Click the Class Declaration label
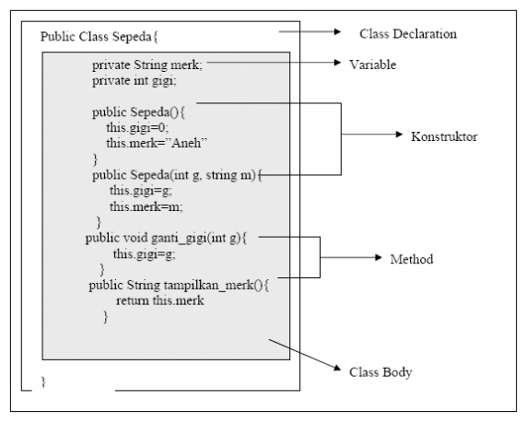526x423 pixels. pyautogui.click(x=407, y=34)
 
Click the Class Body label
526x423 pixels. pyautogui.click(x=380, y=373)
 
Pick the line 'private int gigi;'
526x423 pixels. pyautogui.click(x=134, y=81)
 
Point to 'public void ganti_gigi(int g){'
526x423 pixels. pyautogui.click(x=168, y=237)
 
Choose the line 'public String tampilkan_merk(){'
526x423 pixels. pyautogui.click(x=177, y=285)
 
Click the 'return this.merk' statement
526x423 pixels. pyautogui.click(x=159, y=300)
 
